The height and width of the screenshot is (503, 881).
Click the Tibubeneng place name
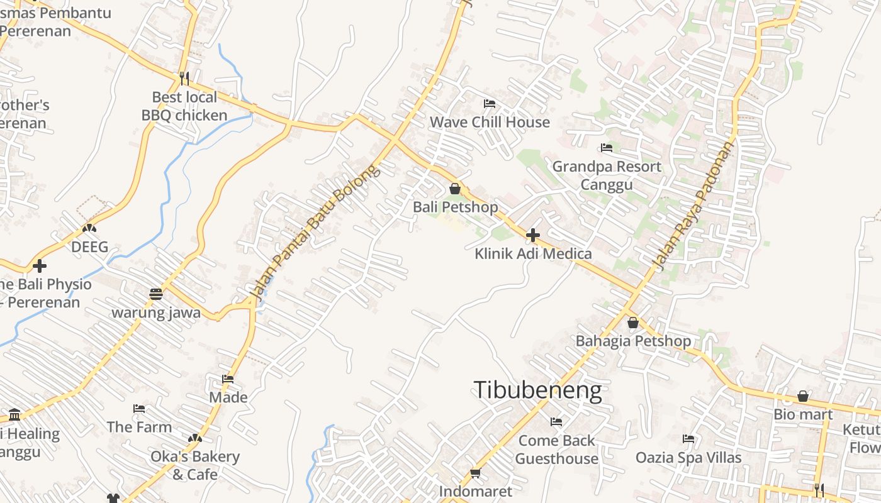[537, 390]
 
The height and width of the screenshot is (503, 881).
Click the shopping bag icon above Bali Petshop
[455, 189]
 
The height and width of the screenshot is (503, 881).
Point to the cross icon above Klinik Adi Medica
[533, 236]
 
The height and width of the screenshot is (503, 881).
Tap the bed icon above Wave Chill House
[489, 104]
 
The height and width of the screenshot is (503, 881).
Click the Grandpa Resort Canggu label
[607, 175]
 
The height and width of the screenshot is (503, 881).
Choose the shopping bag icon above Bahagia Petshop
[633, 323]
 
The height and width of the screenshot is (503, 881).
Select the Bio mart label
[803, 414]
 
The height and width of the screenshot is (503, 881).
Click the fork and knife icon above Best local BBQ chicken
[184, 79]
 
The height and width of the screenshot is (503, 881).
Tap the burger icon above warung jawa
[156, 294]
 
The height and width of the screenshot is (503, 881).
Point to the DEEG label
[89, 247]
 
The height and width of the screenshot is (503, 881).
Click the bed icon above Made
[228, 379]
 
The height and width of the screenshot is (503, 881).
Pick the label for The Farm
[139, 427]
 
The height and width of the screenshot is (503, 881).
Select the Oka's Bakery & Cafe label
[195, 465]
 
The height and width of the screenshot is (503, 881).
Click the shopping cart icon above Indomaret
[475, 473]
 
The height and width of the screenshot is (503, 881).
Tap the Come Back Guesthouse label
[557, 450]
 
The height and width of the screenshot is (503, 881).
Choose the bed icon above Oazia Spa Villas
[688, 439]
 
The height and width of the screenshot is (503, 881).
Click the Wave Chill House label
[490, 122]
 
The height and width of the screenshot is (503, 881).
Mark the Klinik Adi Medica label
[533, 253]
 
